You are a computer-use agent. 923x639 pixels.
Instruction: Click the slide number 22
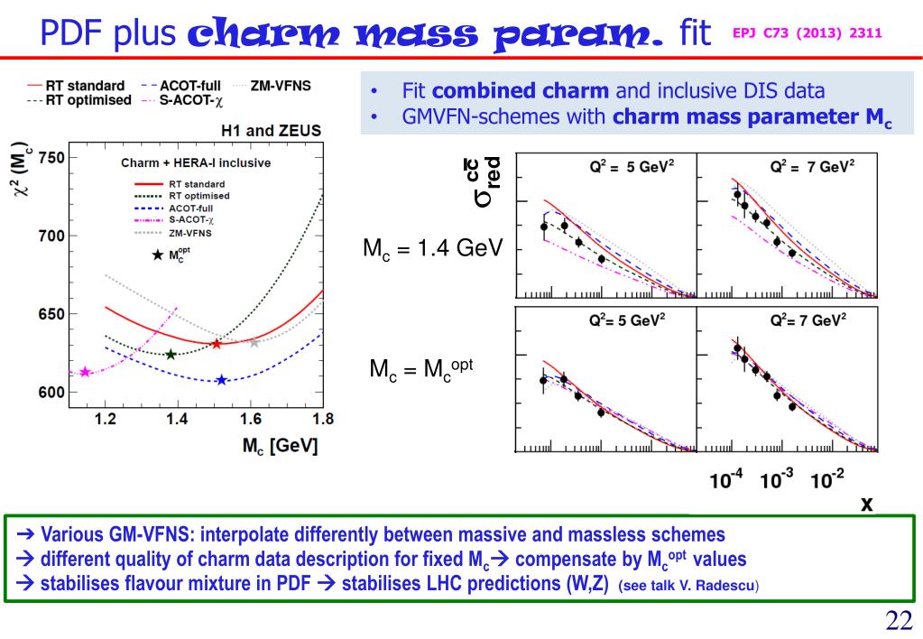tap(899, 620)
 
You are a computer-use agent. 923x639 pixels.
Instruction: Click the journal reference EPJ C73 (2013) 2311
tap(808, 32)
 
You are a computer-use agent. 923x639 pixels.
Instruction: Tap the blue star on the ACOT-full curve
tap(221, 380)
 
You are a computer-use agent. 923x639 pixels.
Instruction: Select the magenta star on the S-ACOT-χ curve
tap(86, 372)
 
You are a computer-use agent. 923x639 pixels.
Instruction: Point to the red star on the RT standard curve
tap(217, 344)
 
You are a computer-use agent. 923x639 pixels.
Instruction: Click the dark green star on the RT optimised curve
tap(171, 354)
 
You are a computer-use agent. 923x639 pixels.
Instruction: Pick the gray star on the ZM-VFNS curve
tap(254, 342)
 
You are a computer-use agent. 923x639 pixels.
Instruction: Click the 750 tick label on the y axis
tap(51, 158)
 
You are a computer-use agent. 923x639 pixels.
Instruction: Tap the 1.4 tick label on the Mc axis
tap(178, 419)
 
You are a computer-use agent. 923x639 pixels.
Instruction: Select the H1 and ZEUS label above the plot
tap(271, 131)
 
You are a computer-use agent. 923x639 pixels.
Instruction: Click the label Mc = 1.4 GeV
tap(432, 248)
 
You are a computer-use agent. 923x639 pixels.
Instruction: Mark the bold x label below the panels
tap(867, 503)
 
